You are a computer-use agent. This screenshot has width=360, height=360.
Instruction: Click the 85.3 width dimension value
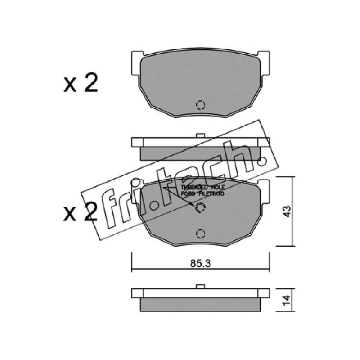200,263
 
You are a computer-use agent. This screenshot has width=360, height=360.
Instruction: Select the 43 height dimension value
287,211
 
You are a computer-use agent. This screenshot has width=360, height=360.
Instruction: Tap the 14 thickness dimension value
287,300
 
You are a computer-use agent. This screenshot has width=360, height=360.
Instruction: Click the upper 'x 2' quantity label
81,83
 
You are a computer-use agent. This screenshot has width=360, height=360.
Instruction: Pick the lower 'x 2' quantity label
81,212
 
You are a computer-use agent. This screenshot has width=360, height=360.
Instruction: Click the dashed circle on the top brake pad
200,105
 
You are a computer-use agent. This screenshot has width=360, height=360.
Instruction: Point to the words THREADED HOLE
203,187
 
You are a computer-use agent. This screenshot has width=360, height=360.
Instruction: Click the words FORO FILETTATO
203,194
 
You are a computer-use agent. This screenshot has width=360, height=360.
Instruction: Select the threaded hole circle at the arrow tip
200,207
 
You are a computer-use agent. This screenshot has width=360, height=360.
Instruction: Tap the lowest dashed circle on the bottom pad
200,234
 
